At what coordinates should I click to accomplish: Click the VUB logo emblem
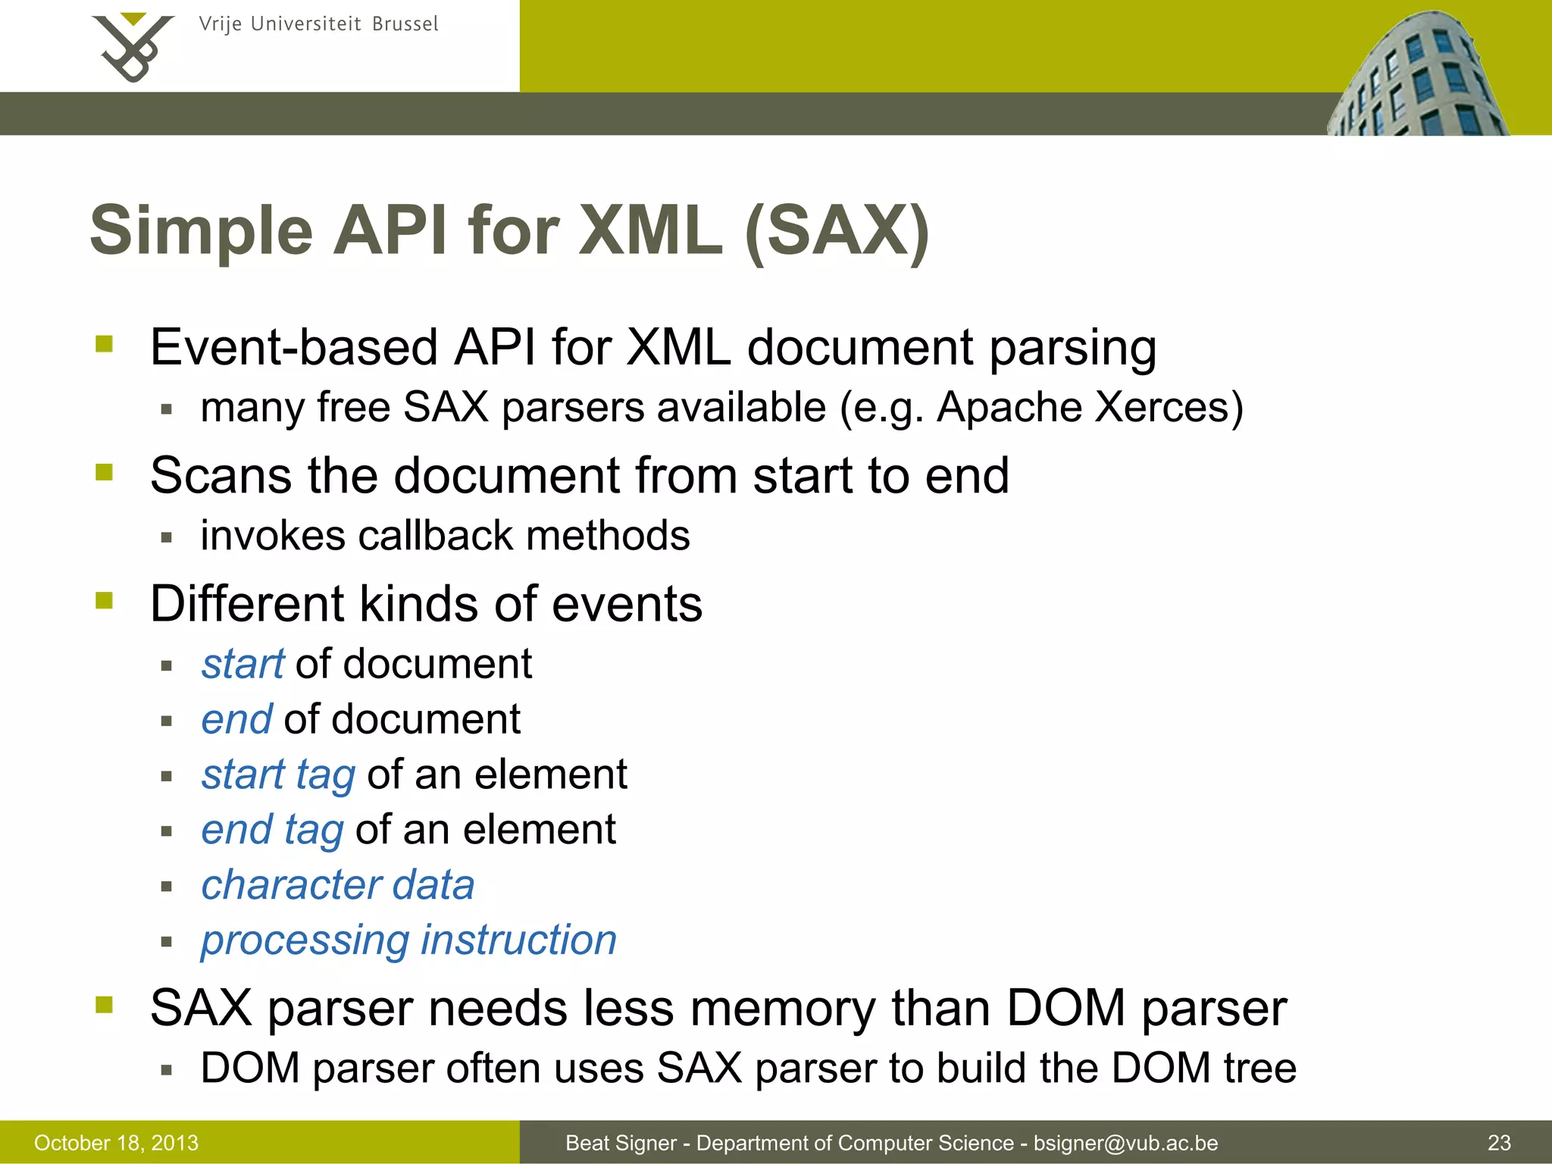(133, 48)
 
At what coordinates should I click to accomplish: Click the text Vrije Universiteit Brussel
(318, 24)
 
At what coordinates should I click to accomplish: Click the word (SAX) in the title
(837, 230)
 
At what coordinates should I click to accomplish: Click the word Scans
(221, 476)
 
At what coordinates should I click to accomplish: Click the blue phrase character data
(338, 884)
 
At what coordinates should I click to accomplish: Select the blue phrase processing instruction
(409, 940)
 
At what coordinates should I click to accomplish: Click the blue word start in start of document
(242, 664)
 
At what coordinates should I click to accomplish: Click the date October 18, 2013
(116, 1143)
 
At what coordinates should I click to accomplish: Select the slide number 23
(1499, 1143)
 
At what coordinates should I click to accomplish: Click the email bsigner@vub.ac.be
(1125, 1143)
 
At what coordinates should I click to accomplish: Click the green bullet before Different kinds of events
(105, 601)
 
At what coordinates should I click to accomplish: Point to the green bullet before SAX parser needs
(105, 1005)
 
